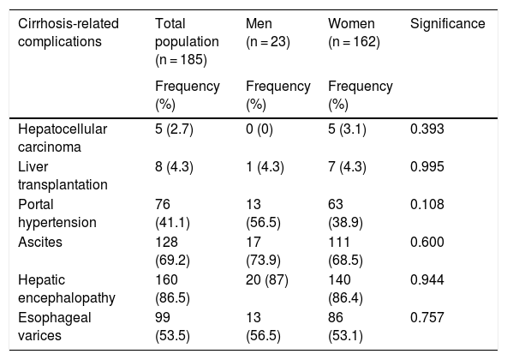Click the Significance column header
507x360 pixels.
tap(448, 24)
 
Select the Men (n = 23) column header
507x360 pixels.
tap(268, 33)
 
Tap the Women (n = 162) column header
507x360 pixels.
tap(354, 33)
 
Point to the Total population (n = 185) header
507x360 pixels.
tap(187, 42)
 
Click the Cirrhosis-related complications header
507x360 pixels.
tap(69, 33)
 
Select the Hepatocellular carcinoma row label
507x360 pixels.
tap(63, 138)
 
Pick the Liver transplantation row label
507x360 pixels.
tap(63, 176)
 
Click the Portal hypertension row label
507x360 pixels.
tap(57, 213)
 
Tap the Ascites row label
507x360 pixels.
tap(40, 243)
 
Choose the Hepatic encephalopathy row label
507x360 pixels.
tap(67, 289)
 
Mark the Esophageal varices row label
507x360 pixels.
tap(55, 327)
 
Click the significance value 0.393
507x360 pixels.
tap(426, 129)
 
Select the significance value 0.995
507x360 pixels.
tap(426, 167)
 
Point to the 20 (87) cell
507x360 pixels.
tap(266, 280)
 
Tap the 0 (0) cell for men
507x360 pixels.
tap(259, 129)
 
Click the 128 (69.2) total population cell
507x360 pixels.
tap(172, 251)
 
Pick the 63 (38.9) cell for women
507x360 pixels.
tap(345, 213)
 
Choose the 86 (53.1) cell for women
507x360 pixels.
tap(345, 327)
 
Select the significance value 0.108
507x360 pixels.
tap(426, 204)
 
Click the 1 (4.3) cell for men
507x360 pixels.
tap(265, 167)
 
